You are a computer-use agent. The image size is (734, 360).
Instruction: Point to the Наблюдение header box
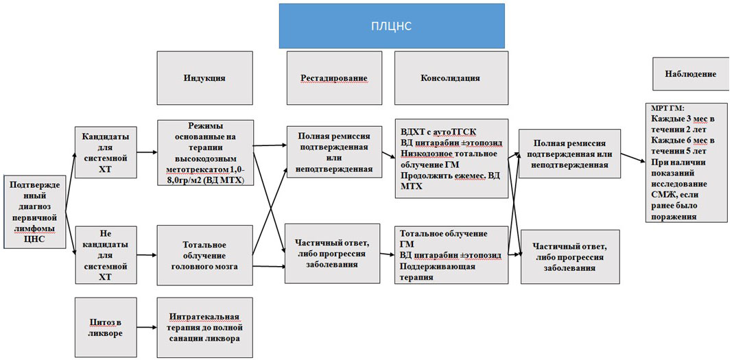(x=690, y=73)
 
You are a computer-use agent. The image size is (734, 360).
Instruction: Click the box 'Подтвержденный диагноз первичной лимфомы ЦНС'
(x=36, y=212)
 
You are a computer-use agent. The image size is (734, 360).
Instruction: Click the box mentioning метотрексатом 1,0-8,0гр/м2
(x=204, y=152)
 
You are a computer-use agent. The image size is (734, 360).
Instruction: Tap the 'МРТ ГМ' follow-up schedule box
(x=685, y=162)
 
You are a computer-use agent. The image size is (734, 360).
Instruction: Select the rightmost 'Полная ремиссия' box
(x=570, y=155)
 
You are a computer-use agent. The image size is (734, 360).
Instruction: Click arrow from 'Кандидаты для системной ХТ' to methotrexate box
(x=146, y=152)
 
